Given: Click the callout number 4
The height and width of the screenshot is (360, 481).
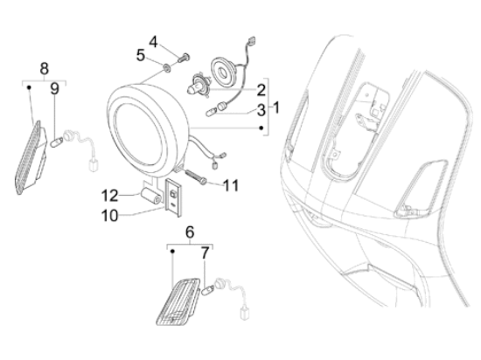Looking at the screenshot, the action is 153,42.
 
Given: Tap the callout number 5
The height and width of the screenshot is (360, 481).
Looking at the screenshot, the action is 141,55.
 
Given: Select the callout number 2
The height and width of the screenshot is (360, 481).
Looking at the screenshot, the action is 261,90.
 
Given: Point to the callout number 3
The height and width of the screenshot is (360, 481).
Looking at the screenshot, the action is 261,110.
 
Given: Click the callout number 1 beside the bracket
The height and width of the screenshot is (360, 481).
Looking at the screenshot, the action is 276,107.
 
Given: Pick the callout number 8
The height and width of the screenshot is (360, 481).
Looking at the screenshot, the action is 45,69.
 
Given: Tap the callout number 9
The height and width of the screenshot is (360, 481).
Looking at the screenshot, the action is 54,89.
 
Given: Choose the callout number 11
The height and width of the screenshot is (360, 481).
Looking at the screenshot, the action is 231,185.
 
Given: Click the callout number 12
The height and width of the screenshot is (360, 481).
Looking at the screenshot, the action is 109,196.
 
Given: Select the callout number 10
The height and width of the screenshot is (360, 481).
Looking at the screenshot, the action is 109,216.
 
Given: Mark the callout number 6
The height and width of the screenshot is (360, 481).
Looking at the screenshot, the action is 190,232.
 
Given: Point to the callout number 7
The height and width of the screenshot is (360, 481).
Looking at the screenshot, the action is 205,253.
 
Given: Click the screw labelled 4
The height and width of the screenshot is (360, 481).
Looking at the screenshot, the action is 183,58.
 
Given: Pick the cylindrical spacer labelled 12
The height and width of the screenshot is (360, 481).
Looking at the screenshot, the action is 151,196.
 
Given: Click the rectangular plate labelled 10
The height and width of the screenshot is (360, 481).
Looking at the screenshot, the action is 173,197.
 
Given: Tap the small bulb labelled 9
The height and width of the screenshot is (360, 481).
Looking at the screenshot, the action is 57,142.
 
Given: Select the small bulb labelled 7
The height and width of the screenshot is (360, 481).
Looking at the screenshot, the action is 207,290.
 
